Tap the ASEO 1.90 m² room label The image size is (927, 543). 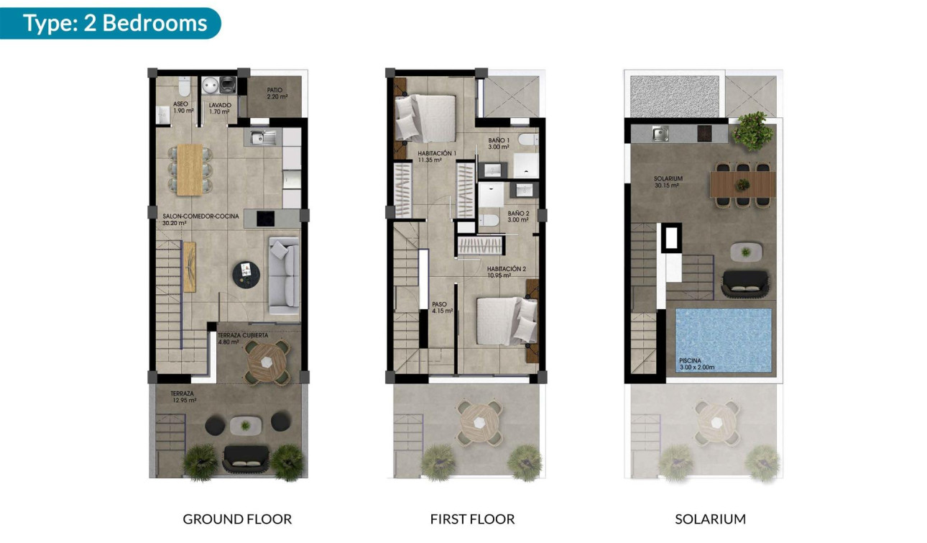(180, 108)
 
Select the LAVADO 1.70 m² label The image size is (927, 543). (219, 108)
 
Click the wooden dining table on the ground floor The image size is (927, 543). (190, 169)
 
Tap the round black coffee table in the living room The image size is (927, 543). (246, 274)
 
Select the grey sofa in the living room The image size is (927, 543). (284, 275)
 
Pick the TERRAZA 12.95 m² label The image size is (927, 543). (183, 397)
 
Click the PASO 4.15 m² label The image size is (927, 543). (441, 308)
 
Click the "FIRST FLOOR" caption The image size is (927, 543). (472, 519)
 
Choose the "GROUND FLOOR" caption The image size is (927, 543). (237, 519)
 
